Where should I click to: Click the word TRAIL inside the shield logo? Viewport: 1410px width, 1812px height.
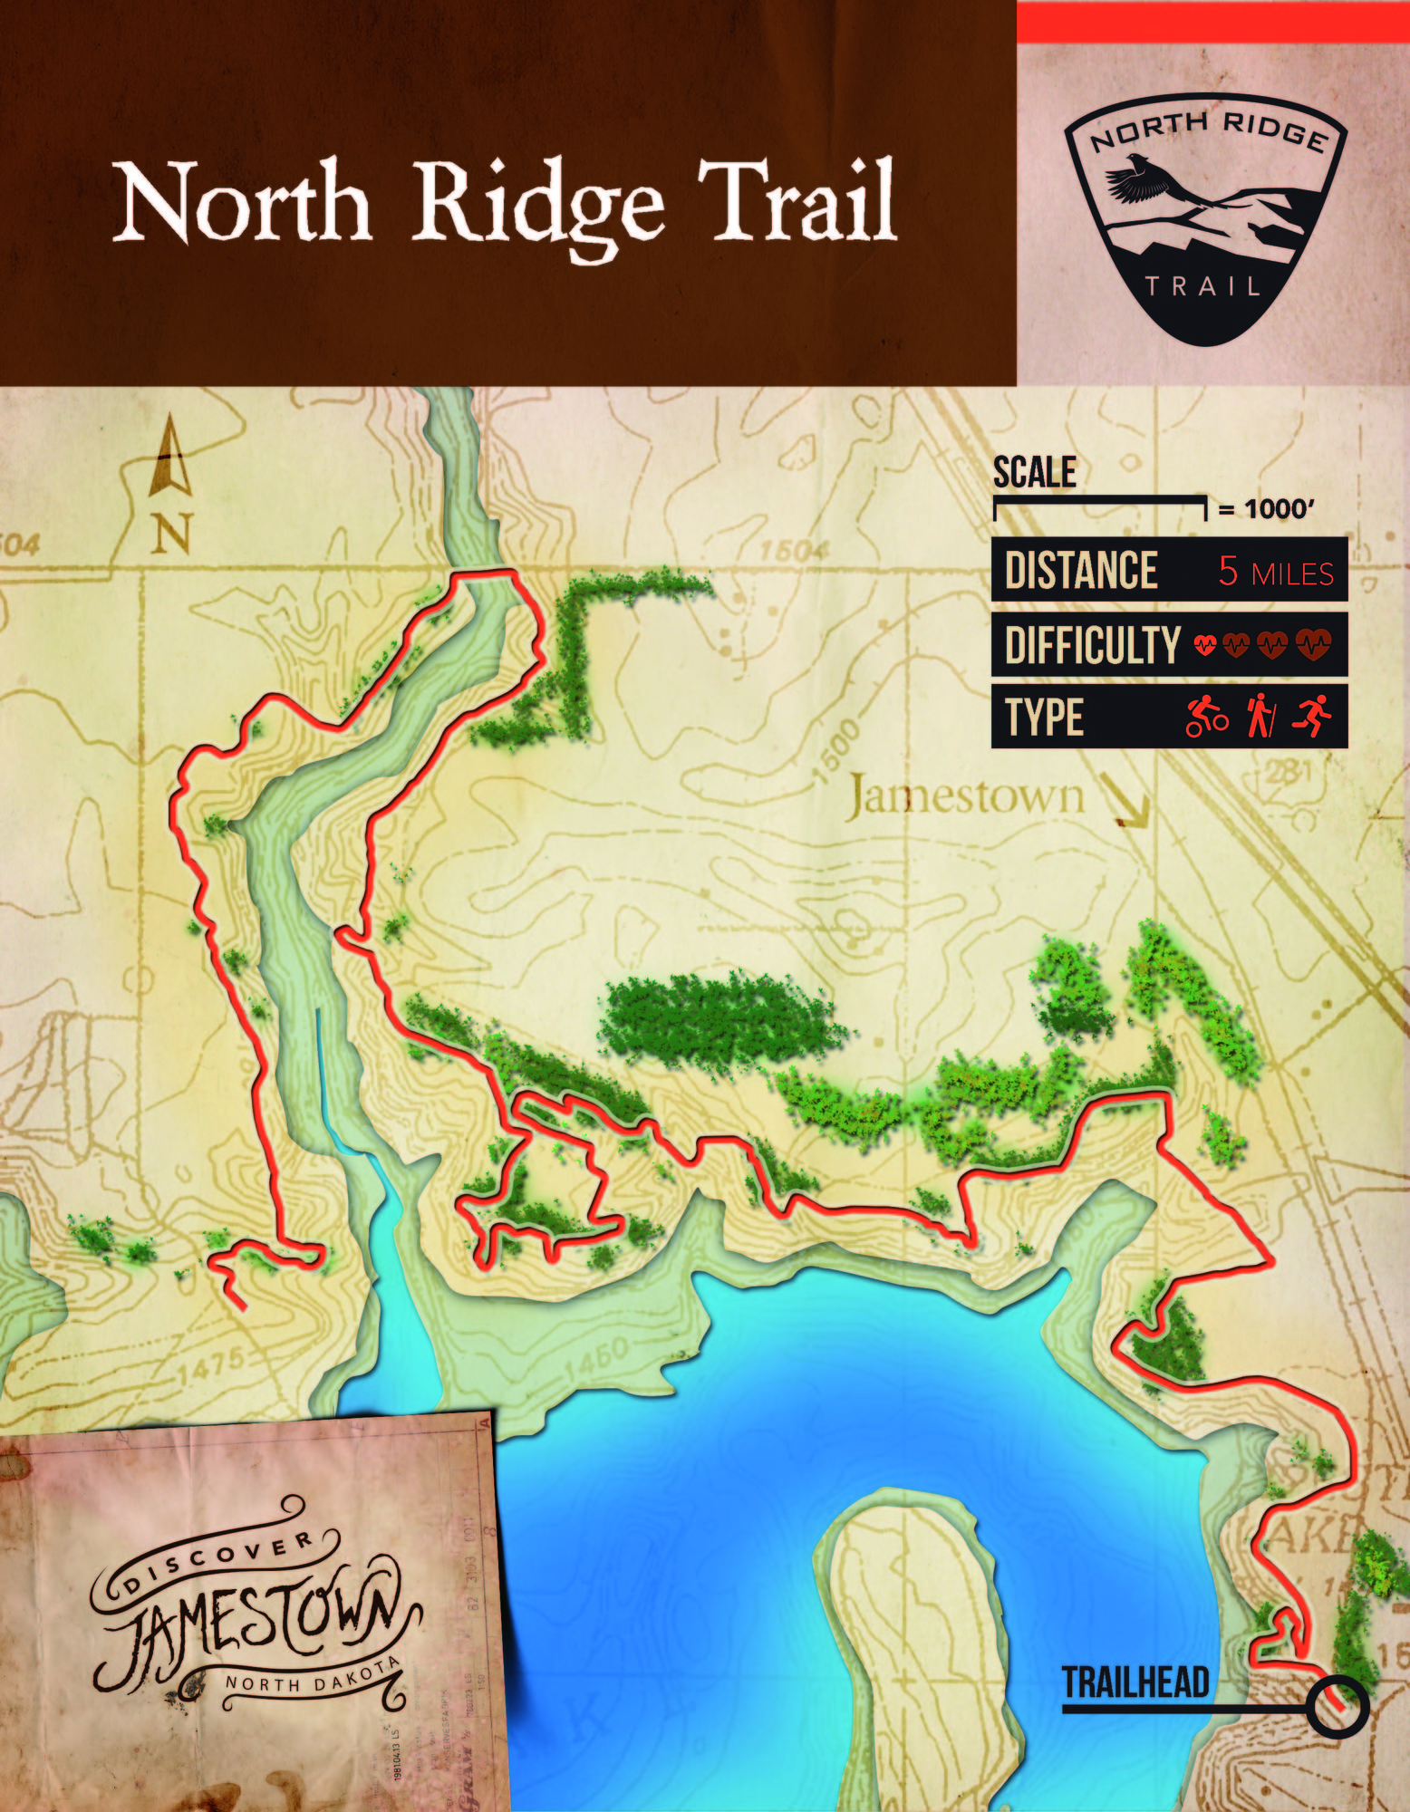point(1202,287)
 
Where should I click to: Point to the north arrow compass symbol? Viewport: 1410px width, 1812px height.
point(171,462)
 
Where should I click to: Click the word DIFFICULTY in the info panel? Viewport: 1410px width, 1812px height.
point(1092,646)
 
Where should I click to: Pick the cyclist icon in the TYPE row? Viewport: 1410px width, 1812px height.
point(1207,716)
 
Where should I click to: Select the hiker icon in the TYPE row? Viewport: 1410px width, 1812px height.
point(1260,716)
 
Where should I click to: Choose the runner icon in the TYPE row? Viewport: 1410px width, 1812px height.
point(1311,716)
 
